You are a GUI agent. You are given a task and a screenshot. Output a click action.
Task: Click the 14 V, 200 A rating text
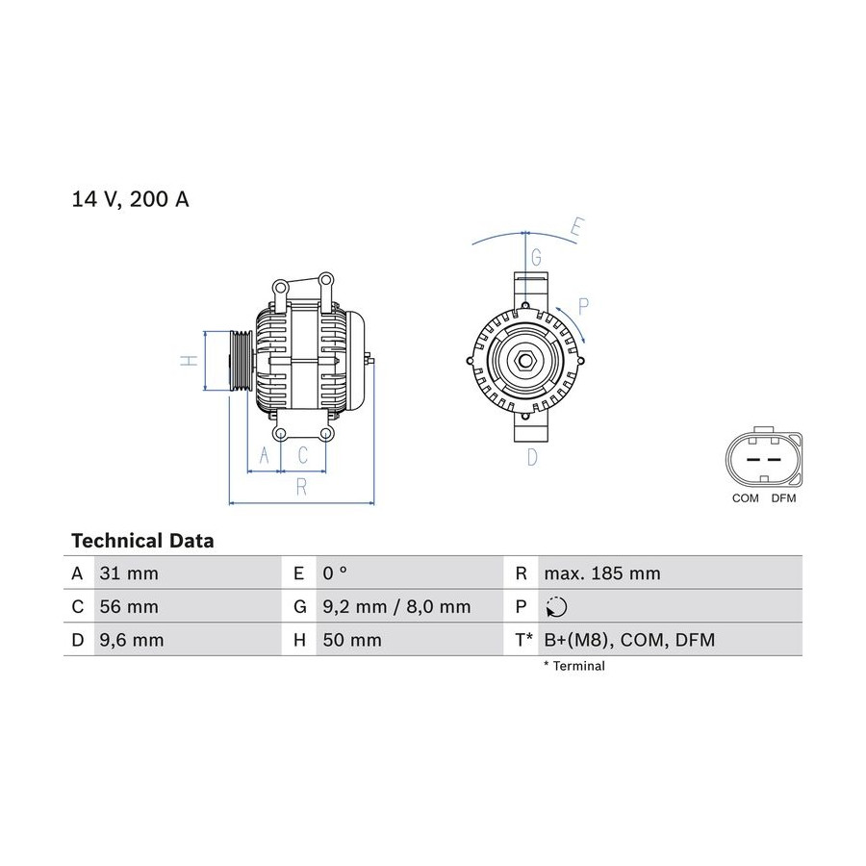[130, 199]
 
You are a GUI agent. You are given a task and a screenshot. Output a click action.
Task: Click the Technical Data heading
[142, 540]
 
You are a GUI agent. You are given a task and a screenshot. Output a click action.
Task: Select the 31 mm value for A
[129, 573]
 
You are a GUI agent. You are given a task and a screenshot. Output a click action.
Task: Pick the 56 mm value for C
[129, 606]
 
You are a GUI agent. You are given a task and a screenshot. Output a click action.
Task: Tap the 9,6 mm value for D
[132, 640]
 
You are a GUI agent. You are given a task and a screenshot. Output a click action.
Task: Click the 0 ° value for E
[335, 573]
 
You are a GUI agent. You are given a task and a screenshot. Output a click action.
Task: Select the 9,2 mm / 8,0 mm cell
[396, 607]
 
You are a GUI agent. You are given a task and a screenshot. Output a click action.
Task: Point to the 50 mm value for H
[352, 640]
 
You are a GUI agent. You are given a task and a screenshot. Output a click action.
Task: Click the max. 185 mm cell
[602, 573]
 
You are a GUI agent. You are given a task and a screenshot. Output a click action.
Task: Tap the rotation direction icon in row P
[556, 606]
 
